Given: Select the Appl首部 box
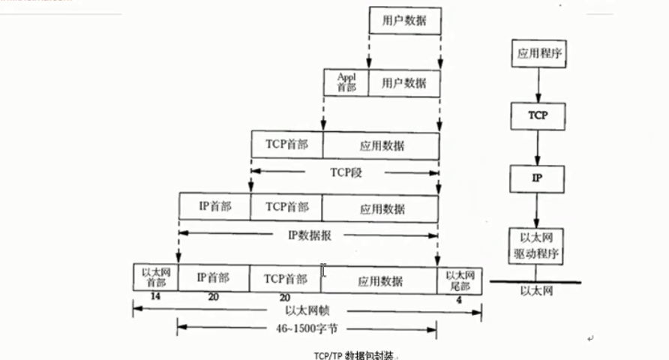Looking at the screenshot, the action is point(346,82).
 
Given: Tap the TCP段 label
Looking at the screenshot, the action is point(345,171).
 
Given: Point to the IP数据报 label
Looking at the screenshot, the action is point(309,234).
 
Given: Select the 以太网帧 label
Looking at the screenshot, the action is point(305,310).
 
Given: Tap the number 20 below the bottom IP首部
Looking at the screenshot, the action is point(214,298).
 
